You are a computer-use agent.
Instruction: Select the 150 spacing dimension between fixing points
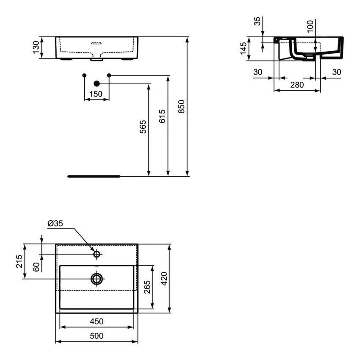tap(97, 94)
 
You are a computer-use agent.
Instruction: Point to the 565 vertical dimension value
tap(143, 127)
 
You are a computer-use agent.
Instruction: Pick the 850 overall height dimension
tap(181, 106)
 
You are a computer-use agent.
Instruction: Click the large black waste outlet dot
tap(97, 83)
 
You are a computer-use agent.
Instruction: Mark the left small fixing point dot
tap(84, 75)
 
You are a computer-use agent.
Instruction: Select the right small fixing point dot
tap(109, 75)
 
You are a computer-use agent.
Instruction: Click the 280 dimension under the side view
tap(297, 85)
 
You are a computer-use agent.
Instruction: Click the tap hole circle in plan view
tap(97, 254)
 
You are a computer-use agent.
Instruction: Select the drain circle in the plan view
tap(97, 278)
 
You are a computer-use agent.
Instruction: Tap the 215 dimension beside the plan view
tap(19, 261)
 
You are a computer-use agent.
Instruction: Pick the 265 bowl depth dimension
tap(147, 288)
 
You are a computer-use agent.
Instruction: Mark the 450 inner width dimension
tap(97, 321)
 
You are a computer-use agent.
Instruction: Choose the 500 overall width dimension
tap(97, 336)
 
